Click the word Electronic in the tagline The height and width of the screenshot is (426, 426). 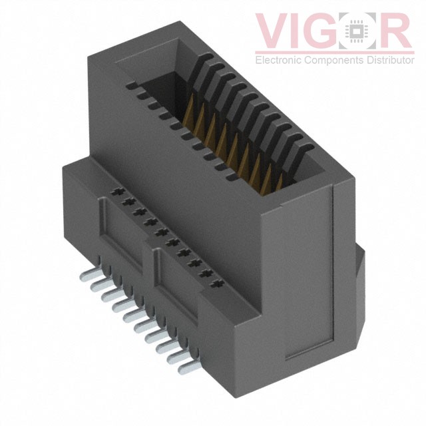pos(278,61)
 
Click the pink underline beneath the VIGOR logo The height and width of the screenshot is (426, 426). pos(333,51)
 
